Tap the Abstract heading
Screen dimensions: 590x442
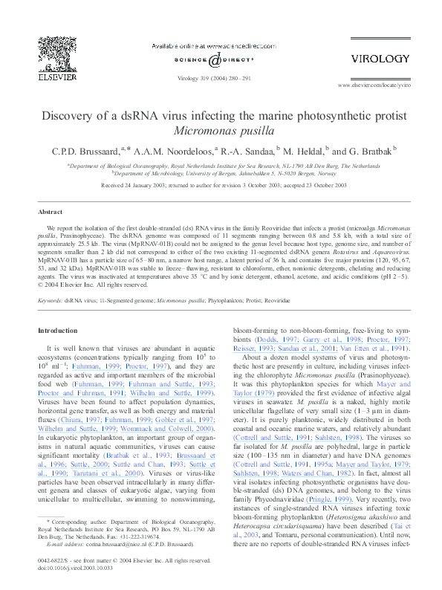(x=51, y=212)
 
